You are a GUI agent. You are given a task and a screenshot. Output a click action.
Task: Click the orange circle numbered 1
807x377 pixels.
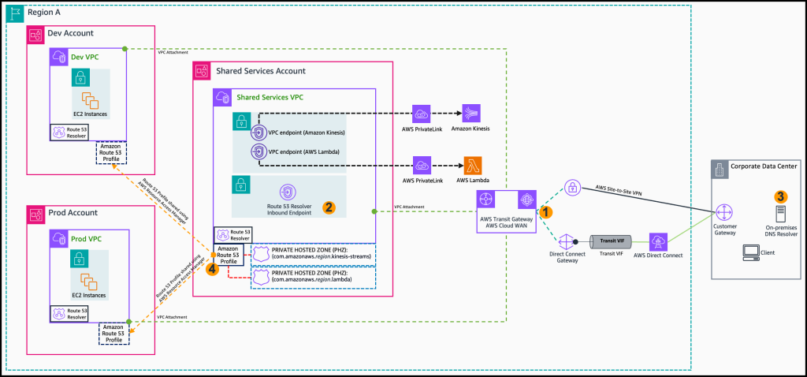click(545, 211)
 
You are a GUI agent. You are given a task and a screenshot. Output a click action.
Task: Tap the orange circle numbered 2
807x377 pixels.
click(331, 207)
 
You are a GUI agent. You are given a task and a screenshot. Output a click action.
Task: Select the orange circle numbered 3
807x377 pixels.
click(780, 196)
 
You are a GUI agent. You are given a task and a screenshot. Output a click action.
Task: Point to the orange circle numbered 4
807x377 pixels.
click(211, 268)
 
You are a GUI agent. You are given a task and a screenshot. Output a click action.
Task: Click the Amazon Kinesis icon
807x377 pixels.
click(471, 113)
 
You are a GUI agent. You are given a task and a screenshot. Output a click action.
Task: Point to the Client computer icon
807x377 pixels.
click(752, 252)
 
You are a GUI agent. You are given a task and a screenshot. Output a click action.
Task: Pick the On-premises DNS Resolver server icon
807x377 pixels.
click(780, 215)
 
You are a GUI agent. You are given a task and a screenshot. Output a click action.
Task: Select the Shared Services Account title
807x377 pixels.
click(260, 71)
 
